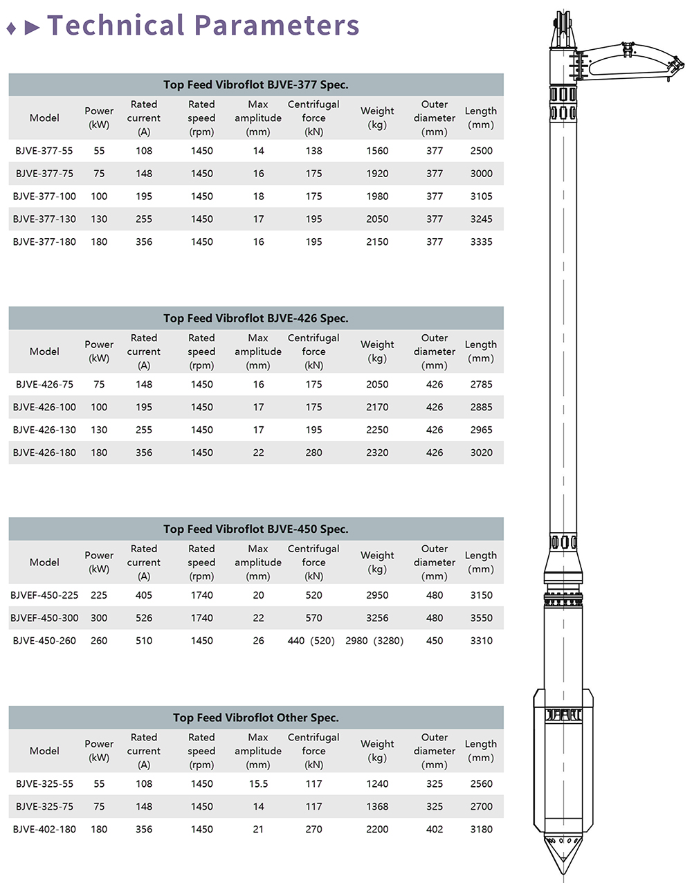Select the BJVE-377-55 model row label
click(x=44, y=151)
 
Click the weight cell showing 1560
click(x=377, y=151)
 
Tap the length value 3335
click(x=481, y=242)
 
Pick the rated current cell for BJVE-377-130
click(x=144, y=219)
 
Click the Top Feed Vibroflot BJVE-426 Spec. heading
click(x=256, y=318)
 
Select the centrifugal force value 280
click(x=314, y=453)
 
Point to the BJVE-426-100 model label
click(x=44, y=408)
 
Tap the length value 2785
click(x=481, y=385)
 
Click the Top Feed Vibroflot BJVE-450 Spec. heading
click(x=256, y=529)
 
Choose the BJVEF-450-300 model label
click(x=44, y=618)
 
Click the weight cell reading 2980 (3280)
click(x=374, y=641)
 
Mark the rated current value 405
click(x=144, y=595)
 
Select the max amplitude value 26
click(x=258, y=641)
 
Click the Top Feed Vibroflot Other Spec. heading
click(x=256, y=718)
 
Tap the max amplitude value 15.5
click(x=258, y=784)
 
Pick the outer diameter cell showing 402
click(x=435, y=830)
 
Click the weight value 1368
click(x=377, y=807)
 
